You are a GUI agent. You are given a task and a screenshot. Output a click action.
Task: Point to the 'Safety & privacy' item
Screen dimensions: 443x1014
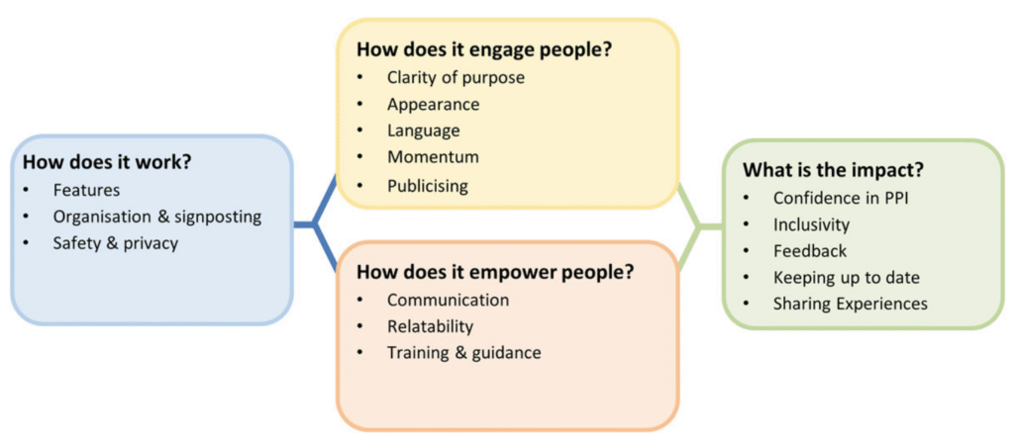click(x=116, y=243)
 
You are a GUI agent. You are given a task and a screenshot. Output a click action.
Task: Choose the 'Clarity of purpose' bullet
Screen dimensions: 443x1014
click(x=456, y=76)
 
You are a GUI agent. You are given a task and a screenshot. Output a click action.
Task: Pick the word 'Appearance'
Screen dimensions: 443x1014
click(x=433, y=104)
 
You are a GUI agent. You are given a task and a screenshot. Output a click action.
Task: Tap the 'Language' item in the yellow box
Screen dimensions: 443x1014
click(x=424, y=131)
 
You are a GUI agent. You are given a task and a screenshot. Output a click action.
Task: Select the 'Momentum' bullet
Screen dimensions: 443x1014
click(x=433, y=157)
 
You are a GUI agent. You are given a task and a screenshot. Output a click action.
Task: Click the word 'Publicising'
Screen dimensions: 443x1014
click(x=428, y=185)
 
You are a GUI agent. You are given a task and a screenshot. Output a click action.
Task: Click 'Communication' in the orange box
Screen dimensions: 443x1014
click(x=448, y=300)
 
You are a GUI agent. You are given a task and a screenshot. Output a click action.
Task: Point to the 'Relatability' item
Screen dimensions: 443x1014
click(x=430, y=326)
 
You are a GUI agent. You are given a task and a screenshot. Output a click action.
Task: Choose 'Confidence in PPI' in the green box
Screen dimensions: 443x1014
click(x=842, y=198)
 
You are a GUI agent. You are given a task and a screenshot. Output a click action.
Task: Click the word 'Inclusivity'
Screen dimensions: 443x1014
click(x=811, y=224)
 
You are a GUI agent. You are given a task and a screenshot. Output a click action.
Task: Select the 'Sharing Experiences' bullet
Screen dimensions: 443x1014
click(x=850, y=305)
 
